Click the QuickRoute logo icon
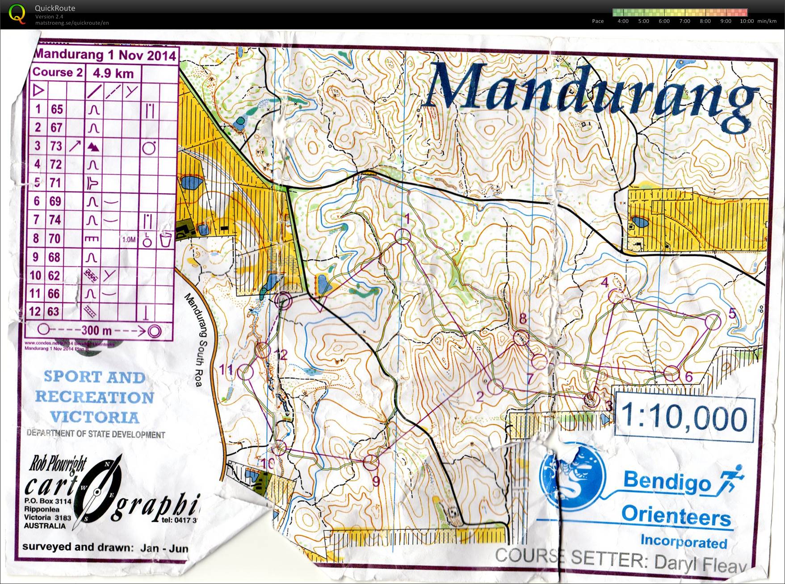coord(17,13)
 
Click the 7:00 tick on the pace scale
coord(684,21)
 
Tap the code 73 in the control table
coord(56,146)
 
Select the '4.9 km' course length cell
coord(113,73)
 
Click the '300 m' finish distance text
coord(96,331)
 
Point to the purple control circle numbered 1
coord(403,236)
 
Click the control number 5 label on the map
coord(732,314)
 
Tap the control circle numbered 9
coord(370,463)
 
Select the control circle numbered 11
coord(245,372)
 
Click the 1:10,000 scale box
coord(684,417)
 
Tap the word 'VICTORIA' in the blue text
coord(94,417)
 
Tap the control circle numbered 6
coord(671,373)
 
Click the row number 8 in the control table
coord(36,238)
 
